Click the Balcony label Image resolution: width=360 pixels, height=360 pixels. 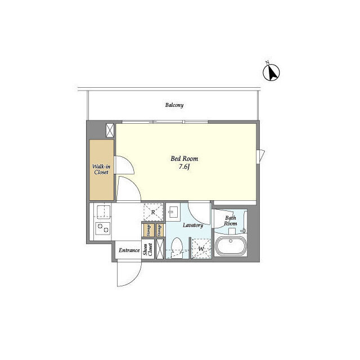[174, 105]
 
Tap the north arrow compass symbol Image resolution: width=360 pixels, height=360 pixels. [271, 72]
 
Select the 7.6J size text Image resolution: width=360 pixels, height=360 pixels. [184, 166]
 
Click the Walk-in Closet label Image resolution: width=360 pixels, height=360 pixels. [101, 169]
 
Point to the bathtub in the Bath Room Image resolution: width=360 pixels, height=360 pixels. [231, 246]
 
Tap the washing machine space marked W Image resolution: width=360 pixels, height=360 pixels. [201, 249]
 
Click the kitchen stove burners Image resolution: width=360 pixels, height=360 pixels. [103, 228]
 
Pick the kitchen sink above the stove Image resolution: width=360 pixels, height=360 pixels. [103, 211]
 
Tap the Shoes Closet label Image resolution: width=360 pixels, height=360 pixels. [148, 250]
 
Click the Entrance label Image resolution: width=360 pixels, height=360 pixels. [129, 250]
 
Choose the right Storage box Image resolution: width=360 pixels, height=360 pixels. [160, 230]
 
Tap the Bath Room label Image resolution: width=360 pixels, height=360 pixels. [230, 220]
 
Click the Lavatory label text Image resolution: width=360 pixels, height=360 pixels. [193, 225]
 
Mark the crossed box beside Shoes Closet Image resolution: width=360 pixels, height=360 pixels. [160, 249]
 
